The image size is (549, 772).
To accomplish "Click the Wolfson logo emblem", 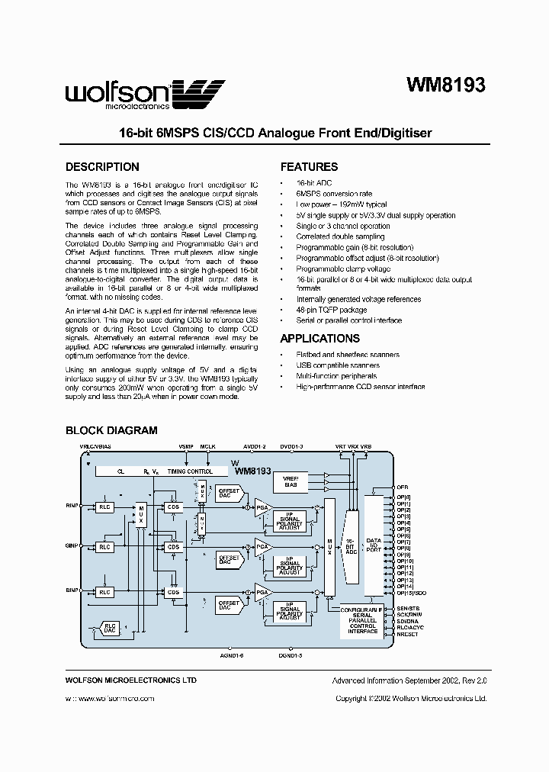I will pos(201,95).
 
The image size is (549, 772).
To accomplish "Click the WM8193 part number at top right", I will pos(443,86).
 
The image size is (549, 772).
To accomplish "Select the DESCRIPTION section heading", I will pos(102,167).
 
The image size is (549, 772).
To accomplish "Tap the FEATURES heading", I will pos(309,167).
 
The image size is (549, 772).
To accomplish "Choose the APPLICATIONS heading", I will pos(319,339).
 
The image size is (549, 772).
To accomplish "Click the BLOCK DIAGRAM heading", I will pos(111,430).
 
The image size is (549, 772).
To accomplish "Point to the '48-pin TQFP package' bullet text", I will pos(332,310).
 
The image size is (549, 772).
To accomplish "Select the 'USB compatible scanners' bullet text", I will pos(338,365).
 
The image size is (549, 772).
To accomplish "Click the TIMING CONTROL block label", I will pos(190,472).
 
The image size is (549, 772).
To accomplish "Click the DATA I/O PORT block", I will pos(374,545).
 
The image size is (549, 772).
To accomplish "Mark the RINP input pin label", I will pos(73,505).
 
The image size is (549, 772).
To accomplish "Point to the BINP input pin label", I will pos(73,590).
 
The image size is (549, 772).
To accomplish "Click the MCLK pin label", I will pos(208,447).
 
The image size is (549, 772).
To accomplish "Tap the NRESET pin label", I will pos(407,634).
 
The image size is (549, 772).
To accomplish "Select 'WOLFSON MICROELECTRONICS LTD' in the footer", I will pos(130,680).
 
